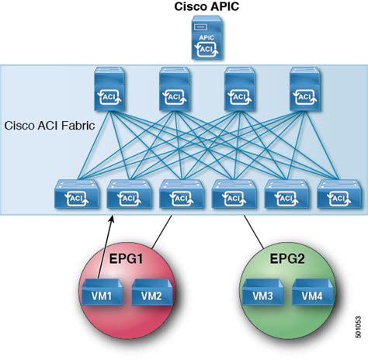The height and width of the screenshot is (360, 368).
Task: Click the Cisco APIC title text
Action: (x=207, y=7)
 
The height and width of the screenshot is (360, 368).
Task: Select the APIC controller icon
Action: (x=207, y=38)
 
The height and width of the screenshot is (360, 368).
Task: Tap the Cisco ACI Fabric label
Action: (x=50, y=126)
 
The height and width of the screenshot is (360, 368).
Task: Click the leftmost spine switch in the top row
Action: (x=110, y=89)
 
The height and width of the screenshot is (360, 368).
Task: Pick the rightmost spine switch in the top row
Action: (x=305, y=89)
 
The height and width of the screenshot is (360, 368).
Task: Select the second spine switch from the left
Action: (x=175, y=89)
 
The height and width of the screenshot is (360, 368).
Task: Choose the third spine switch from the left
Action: (x=240, y=89)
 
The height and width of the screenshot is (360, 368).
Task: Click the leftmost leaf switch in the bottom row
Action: (x=77, y=194)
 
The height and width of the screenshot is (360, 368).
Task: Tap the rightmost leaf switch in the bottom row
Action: (x=339, y=194)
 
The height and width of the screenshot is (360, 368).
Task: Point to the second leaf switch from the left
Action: (x=130, y=194)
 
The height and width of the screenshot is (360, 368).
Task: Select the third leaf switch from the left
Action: (x=182, y=194)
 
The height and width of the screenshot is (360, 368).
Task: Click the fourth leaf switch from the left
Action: (x=234, y=194)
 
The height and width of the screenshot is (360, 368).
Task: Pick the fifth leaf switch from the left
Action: (x=286, y=194)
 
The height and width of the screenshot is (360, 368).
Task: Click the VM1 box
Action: (x=102, y=292)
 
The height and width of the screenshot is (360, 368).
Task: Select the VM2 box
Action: (x=152, y=292)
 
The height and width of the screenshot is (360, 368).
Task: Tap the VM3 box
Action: (x=262, y=292)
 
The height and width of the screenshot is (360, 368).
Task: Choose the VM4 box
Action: (x=312, y=292)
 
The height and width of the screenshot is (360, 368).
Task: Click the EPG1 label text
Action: (x=126, y=258)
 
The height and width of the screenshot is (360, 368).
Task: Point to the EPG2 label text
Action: (x=287, y=258)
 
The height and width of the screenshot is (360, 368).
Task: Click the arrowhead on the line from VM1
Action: (x=112, y=220)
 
